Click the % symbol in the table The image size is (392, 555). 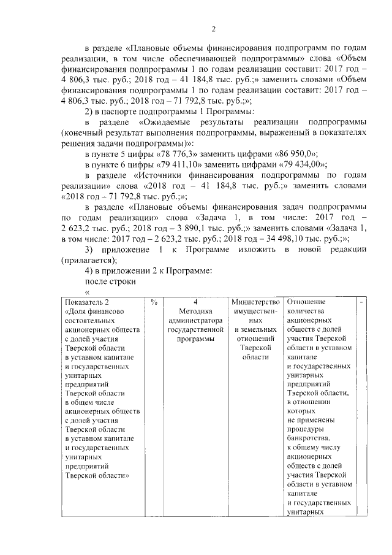tap(154, 302)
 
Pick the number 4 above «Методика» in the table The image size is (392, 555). tap(194, 302)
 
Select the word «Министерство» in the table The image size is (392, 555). tap(255, 302)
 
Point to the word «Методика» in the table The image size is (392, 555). tap(194, 312)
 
